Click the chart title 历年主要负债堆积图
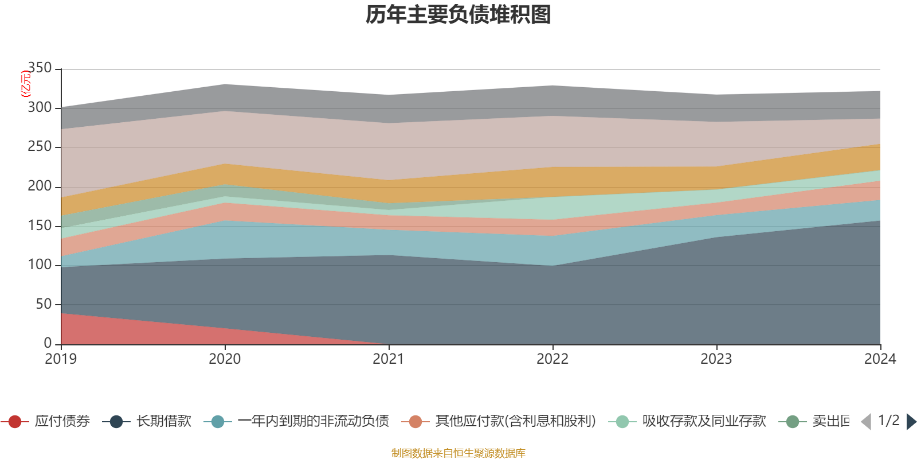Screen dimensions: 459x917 click(x=458, y=15)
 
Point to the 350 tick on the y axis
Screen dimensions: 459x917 click(x=40, y=68)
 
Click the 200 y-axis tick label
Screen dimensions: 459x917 click(x=40, y=186)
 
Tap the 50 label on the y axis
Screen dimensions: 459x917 click(x=44, y=304)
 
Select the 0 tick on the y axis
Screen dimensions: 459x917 click(x=48, y=343)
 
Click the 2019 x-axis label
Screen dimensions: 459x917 click(x=61, y=359)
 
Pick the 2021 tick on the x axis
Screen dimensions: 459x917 click(x=389, y=359)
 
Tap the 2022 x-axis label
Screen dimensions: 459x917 click(x=552, y=359)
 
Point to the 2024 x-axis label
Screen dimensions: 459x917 click(x=880, y=359)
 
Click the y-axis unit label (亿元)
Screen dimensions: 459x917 click(x=26, y=84)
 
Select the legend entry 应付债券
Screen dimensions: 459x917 click(x=62, y=422)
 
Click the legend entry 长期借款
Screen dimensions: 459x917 click(x=163, y=422)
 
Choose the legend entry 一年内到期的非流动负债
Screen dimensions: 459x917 click(x=313, y=422)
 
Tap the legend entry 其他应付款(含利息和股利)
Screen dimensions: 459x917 click(x=515, y=422)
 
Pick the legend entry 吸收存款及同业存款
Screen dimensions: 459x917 click(x=704, y=422)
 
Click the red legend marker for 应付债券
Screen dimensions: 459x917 click(x=15, y=422)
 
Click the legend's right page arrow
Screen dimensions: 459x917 click(x=911, y=422)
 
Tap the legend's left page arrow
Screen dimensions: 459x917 click(x=866, y=422)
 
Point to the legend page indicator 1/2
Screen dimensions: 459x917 click(x=888, y=421)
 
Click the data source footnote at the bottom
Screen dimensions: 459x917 click(x=458, y=453)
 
